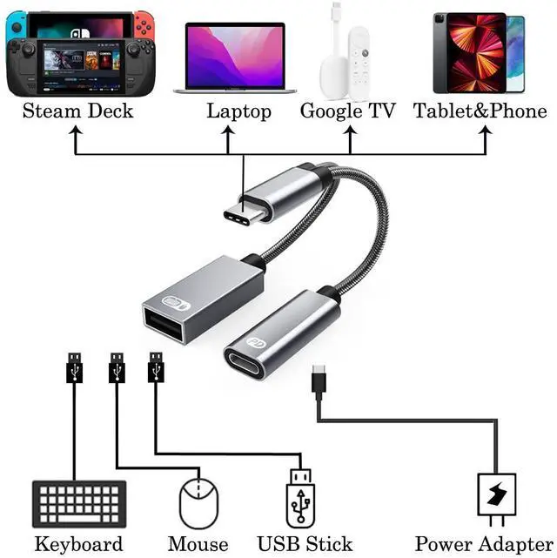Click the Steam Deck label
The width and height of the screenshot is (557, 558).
[x=77, y=111]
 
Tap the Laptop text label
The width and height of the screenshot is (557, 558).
[x=239, y=111]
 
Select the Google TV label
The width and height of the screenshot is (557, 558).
[x=348, y=111]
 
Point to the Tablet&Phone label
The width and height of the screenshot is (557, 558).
[x=480, y=111]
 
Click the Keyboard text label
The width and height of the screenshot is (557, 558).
[x=78, y=545]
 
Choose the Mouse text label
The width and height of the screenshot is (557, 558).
[x=198, y=545]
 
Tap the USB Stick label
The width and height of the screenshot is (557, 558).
[x=300, y=545]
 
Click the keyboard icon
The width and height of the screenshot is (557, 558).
[x=75, y=504]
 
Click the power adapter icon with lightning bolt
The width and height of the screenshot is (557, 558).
[x=497, y=500]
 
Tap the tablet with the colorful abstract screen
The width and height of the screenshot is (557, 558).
[x=471, y=51]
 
